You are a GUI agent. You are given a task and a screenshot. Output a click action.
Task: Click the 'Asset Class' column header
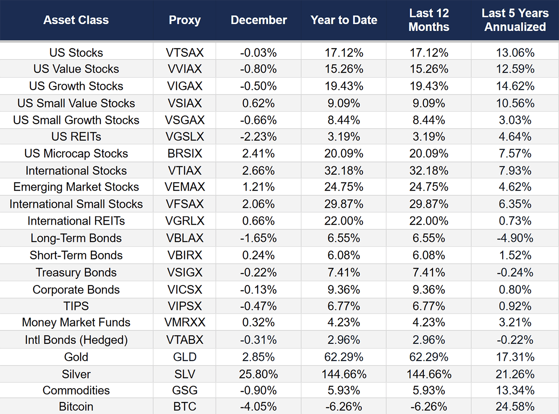coord(76,20)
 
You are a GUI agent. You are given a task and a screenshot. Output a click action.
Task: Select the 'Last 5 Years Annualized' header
coord(515,20)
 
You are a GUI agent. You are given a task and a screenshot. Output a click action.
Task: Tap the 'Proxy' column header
coord(185,20)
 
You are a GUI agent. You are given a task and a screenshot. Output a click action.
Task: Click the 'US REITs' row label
coord(76,136)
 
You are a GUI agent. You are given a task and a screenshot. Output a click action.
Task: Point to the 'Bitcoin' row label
coord(76,406)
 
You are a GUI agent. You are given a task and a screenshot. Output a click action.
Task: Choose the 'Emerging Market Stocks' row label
coord(76,187)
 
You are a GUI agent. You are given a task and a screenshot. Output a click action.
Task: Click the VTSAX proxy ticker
coord(185,53)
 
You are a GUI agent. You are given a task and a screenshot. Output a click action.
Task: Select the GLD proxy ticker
coord(185,357)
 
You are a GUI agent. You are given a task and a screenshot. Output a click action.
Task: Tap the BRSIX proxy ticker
coord(185,153)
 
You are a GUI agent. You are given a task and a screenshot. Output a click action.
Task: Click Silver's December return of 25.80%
coord(258,374)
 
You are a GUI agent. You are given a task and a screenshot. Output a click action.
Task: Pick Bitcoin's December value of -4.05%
coord(258,406)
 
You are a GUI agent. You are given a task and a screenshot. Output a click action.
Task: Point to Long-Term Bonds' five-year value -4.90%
coord(515,238)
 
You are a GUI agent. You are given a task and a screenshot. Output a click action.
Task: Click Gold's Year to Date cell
coord(344,357)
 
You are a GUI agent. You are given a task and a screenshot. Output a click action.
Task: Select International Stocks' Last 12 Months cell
coord(429,170)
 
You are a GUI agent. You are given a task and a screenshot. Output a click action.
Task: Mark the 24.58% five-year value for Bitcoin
coord(515,406)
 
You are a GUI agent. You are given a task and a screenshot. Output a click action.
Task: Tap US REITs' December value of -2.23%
coord(258,136)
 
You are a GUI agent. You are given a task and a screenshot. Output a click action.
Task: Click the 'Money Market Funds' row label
coord(76,322)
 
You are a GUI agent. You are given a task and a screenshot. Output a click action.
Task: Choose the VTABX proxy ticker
coord(185,340)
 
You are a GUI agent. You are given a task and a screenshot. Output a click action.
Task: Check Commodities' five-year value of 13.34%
coord(515,390)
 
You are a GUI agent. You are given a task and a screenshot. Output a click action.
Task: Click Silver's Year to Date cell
coord(344,374)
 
